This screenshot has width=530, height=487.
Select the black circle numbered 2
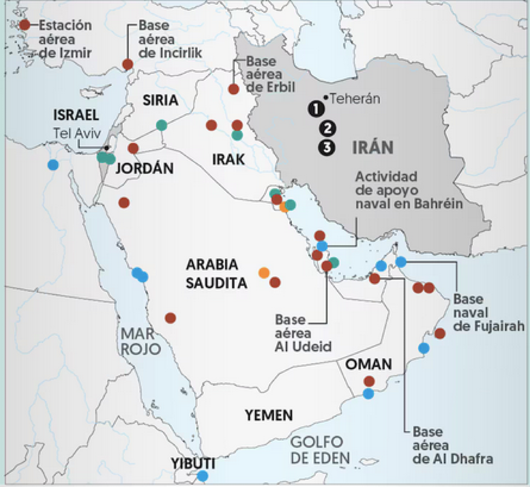click(327, 129)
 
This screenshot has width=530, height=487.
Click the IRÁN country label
click(373, 147)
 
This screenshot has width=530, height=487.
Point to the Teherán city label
click(355, 99)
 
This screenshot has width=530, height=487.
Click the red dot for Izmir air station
click(24, 25)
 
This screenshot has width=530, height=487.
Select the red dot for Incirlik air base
click(128, 64)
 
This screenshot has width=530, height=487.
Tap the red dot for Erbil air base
click(233, 89)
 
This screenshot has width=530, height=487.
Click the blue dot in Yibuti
click(202, 476)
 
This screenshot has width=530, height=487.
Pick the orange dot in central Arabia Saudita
click(264, 272)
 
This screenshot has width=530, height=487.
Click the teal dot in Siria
click(162, 125)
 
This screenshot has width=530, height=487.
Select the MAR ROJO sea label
click(141, 341)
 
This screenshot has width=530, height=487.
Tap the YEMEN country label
click(269, 415)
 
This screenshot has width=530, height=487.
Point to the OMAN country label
click(369, 364)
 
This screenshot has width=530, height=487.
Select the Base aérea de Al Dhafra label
click(445, 445)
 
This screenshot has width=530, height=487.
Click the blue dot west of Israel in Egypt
click(53, 165)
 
